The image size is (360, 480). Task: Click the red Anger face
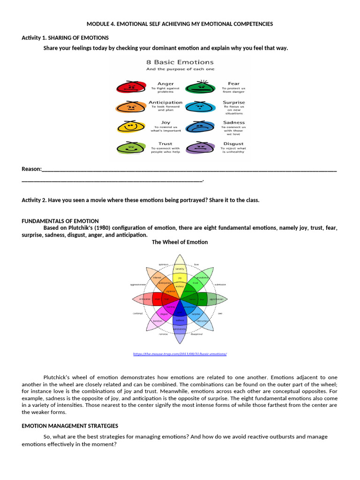pyautogui.click(x=129, y=87)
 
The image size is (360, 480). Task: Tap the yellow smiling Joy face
pyautogui.click(x=130, y=127)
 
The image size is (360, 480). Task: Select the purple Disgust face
pyautogui.click(x=200, y=148)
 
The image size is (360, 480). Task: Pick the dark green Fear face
pyautogui.click(x=200, y=87)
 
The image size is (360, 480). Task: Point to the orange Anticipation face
pyautogui.click(x=129, y=107)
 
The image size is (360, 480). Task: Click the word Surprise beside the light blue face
pyautogui.click(x=233, y=103)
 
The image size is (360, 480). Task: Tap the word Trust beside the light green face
pyautogui.click(x=165, y=144)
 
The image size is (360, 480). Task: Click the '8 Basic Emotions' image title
pyautogui.click(x=180, y=62)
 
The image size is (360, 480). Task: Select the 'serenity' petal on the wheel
pyautogui.click(x=180, y=269)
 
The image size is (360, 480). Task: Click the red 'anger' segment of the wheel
pyautogui.click(x=166, y=299)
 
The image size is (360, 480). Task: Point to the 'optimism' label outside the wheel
pyautogui.click(x=163, y=264)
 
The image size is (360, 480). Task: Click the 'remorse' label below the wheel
pyautogui.click(x=163, y=334)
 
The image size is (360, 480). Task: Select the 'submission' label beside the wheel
pyautogui.click(x=220, y=285)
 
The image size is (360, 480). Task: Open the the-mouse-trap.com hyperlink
pyautogui.click(x=180, y=354)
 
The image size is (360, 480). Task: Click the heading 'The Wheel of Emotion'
pyautogui.click(x=180, y=242)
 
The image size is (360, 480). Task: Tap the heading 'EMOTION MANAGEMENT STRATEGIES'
pyautogui.click(x=70, y=426)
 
